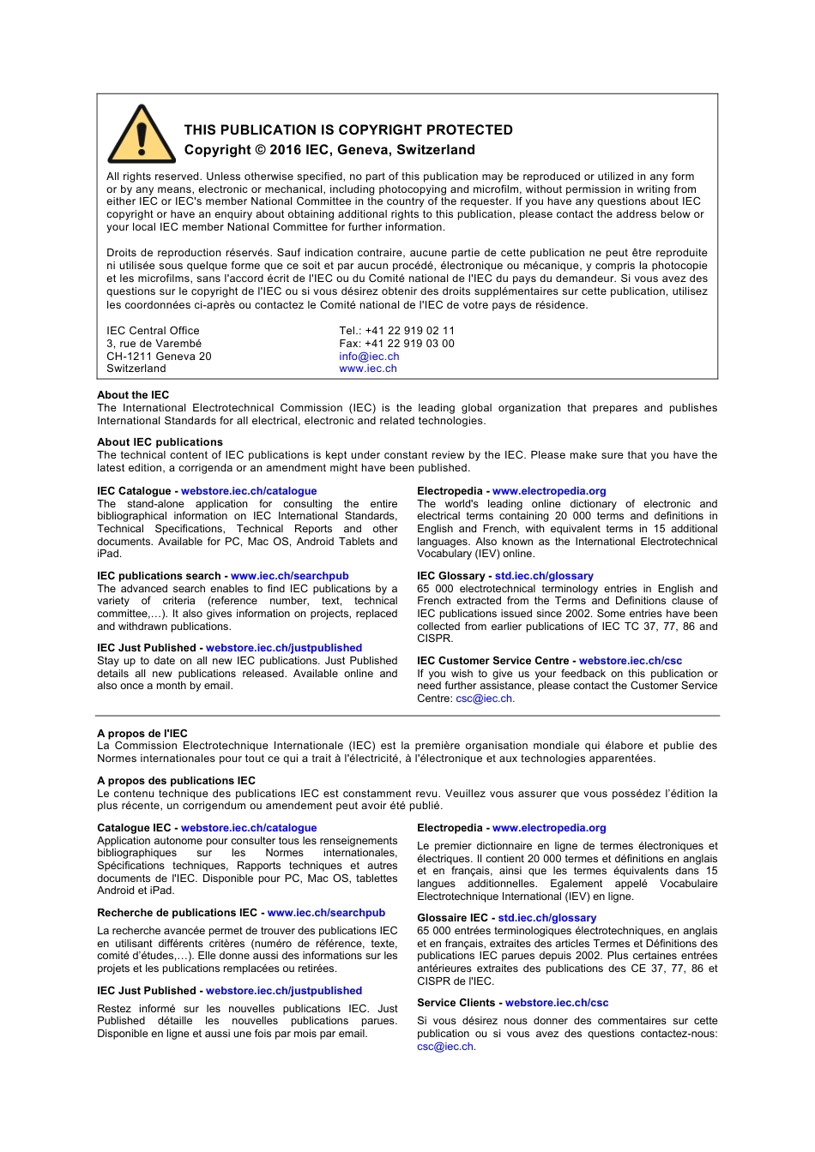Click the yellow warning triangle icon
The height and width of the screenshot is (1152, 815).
[x=142, y=136]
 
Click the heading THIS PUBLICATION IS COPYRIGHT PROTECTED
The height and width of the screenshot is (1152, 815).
[x=348, y=130]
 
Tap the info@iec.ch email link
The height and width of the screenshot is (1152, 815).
[x=369, y=357]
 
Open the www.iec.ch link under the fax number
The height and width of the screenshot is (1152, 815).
[x=368, y=369]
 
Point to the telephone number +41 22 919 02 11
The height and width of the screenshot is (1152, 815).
[x=409, y=331]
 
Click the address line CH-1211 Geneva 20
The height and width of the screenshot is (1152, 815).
[x=159, y=357]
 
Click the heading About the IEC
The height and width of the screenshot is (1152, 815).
[x=133, y=395]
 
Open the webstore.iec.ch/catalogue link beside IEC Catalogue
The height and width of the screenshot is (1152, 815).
[x=249, y=491]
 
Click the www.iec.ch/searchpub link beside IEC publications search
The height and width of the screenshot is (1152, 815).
[x=290, y=576]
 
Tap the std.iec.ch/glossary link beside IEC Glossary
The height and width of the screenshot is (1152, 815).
[x=544, y=576]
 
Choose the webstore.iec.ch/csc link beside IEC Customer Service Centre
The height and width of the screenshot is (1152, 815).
[x=631, y=661]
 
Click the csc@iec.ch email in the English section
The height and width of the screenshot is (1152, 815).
[x=484, y=699]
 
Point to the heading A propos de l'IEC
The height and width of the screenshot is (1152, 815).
[x=142, y=734]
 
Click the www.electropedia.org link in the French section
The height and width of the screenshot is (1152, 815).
[x=549, y=828]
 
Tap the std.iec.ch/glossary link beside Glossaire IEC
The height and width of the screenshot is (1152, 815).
[x=547, y=918]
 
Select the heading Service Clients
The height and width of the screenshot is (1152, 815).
[x=456, y=1003]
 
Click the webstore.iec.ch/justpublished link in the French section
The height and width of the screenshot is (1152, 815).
[x=284, y=991]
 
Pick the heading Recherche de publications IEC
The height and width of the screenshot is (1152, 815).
[x=177, y=913]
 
